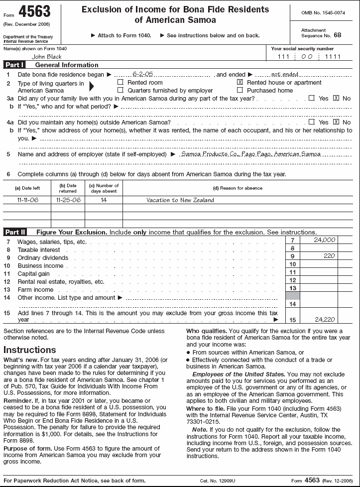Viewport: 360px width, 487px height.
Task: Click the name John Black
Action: click(x=46, y=57)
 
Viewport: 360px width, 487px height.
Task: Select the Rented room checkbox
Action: click(x=120, y=82)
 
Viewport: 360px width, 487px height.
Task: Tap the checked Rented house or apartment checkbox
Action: click(x=240, y=82)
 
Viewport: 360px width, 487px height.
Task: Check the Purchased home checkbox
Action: click(x=240, y=90)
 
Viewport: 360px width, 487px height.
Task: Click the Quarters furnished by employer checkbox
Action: click(x=120, y=90)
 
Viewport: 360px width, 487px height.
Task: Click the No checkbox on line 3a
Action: click(x=336, y=98)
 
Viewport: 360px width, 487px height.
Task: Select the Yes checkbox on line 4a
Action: click(x=312, y=122)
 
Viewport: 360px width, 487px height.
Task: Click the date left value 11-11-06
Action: click(x=27, y=200)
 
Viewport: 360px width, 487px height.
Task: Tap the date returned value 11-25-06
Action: click(x=68, y=200)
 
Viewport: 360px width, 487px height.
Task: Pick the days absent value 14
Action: click(x=104, y=200)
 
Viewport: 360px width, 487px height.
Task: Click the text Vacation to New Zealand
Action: click(x=180, y=200)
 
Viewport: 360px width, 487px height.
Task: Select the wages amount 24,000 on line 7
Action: click(x=325, y=240)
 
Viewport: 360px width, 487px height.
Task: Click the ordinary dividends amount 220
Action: click(x=329, y=256)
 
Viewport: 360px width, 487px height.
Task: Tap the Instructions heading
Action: click(x=30, y=350)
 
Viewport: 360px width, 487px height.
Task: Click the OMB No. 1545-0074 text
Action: click(x=323, y=12)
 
